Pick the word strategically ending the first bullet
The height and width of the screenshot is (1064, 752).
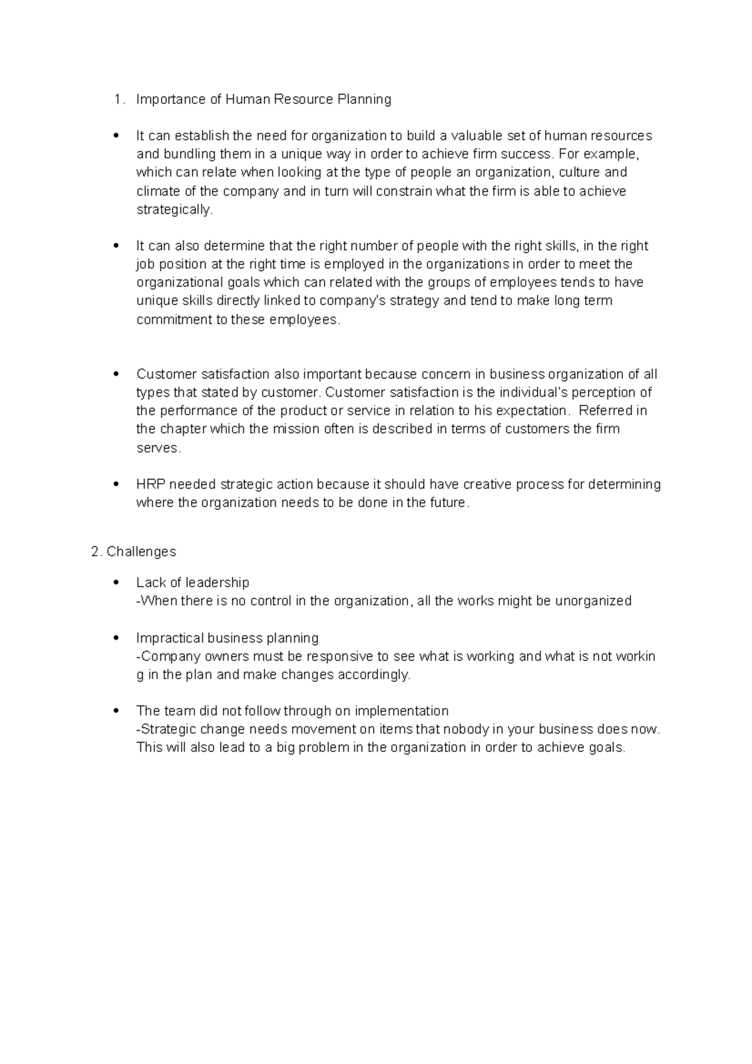click(174, 210)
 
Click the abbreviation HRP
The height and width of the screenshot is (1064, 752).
click(150, 484)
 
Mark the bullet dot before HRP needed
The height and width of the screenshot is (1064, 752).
click(115, 484)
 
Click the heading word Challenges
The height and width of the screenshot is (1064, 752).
click(141, 552)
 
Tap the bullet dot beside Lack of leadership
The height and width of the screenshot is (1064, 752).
click(115, 583)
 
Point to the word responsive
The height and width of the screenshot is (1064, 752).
click(341, 657)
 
